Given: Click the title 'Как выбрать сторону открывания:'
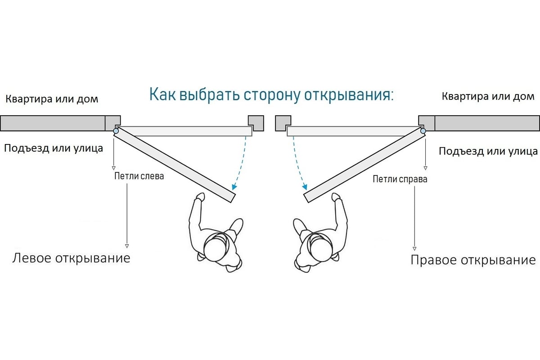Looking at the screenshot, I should pos(271,95).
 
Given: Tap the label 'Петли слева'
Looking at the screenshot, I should pos(139,176).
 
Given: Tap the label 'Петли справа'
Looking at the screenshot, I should pos(400,179).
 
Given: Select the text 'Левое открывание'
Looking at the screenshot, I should pos(71,258).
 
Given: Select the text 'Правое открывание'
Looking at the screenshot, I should pos(473,260).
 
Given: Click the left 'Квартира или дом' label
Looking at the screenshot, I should pos(52,99).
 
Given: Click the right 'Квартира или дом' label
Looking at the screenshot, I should pos(488,96).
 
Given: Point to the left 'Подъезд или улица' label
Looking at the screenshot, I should pos(54,148).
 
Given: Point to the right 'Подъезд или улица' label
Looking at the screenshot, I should pos(488,151).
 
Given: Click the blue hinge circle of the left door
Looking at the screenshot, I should pos(116,131).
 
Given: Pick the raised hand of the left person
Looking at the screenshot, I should pos(200,197).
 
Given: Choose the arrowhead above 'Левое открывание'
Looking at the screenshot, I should pos(127,246).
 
